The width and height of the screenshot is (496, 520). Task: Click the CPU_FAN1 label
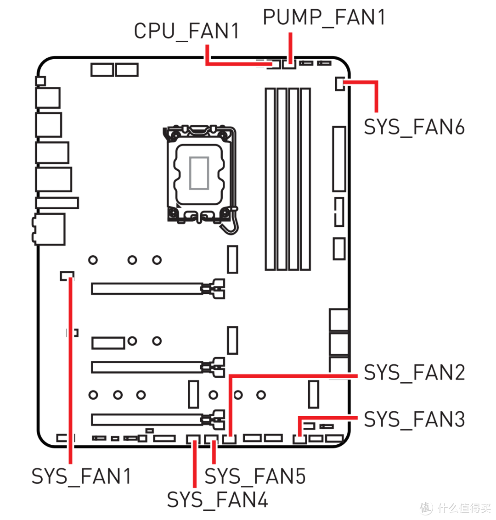click(186, 32)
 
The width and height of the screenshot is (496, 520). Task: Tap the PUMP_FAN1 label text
click(324, 17)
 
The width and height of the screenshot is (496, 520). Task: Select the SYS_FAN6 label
click(414, 127)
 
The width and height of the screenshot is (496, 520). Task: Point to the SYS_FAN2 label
click(414, 372)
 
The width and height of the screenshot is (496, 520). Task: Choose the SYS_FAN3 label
click(414, 419)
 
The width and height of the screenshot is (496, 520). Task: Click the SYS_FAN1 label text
click(81, 476)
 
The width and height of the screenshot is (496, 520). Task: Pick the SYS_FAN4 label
click(217, 499)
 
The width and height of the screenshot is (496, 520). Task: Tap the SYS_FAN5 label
click(255, 476)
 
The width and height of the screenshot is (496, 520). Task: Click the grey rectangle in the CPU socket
click(199, 173)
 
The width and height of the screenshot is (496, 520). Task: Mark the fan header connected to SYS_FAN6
click(339, 84)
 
